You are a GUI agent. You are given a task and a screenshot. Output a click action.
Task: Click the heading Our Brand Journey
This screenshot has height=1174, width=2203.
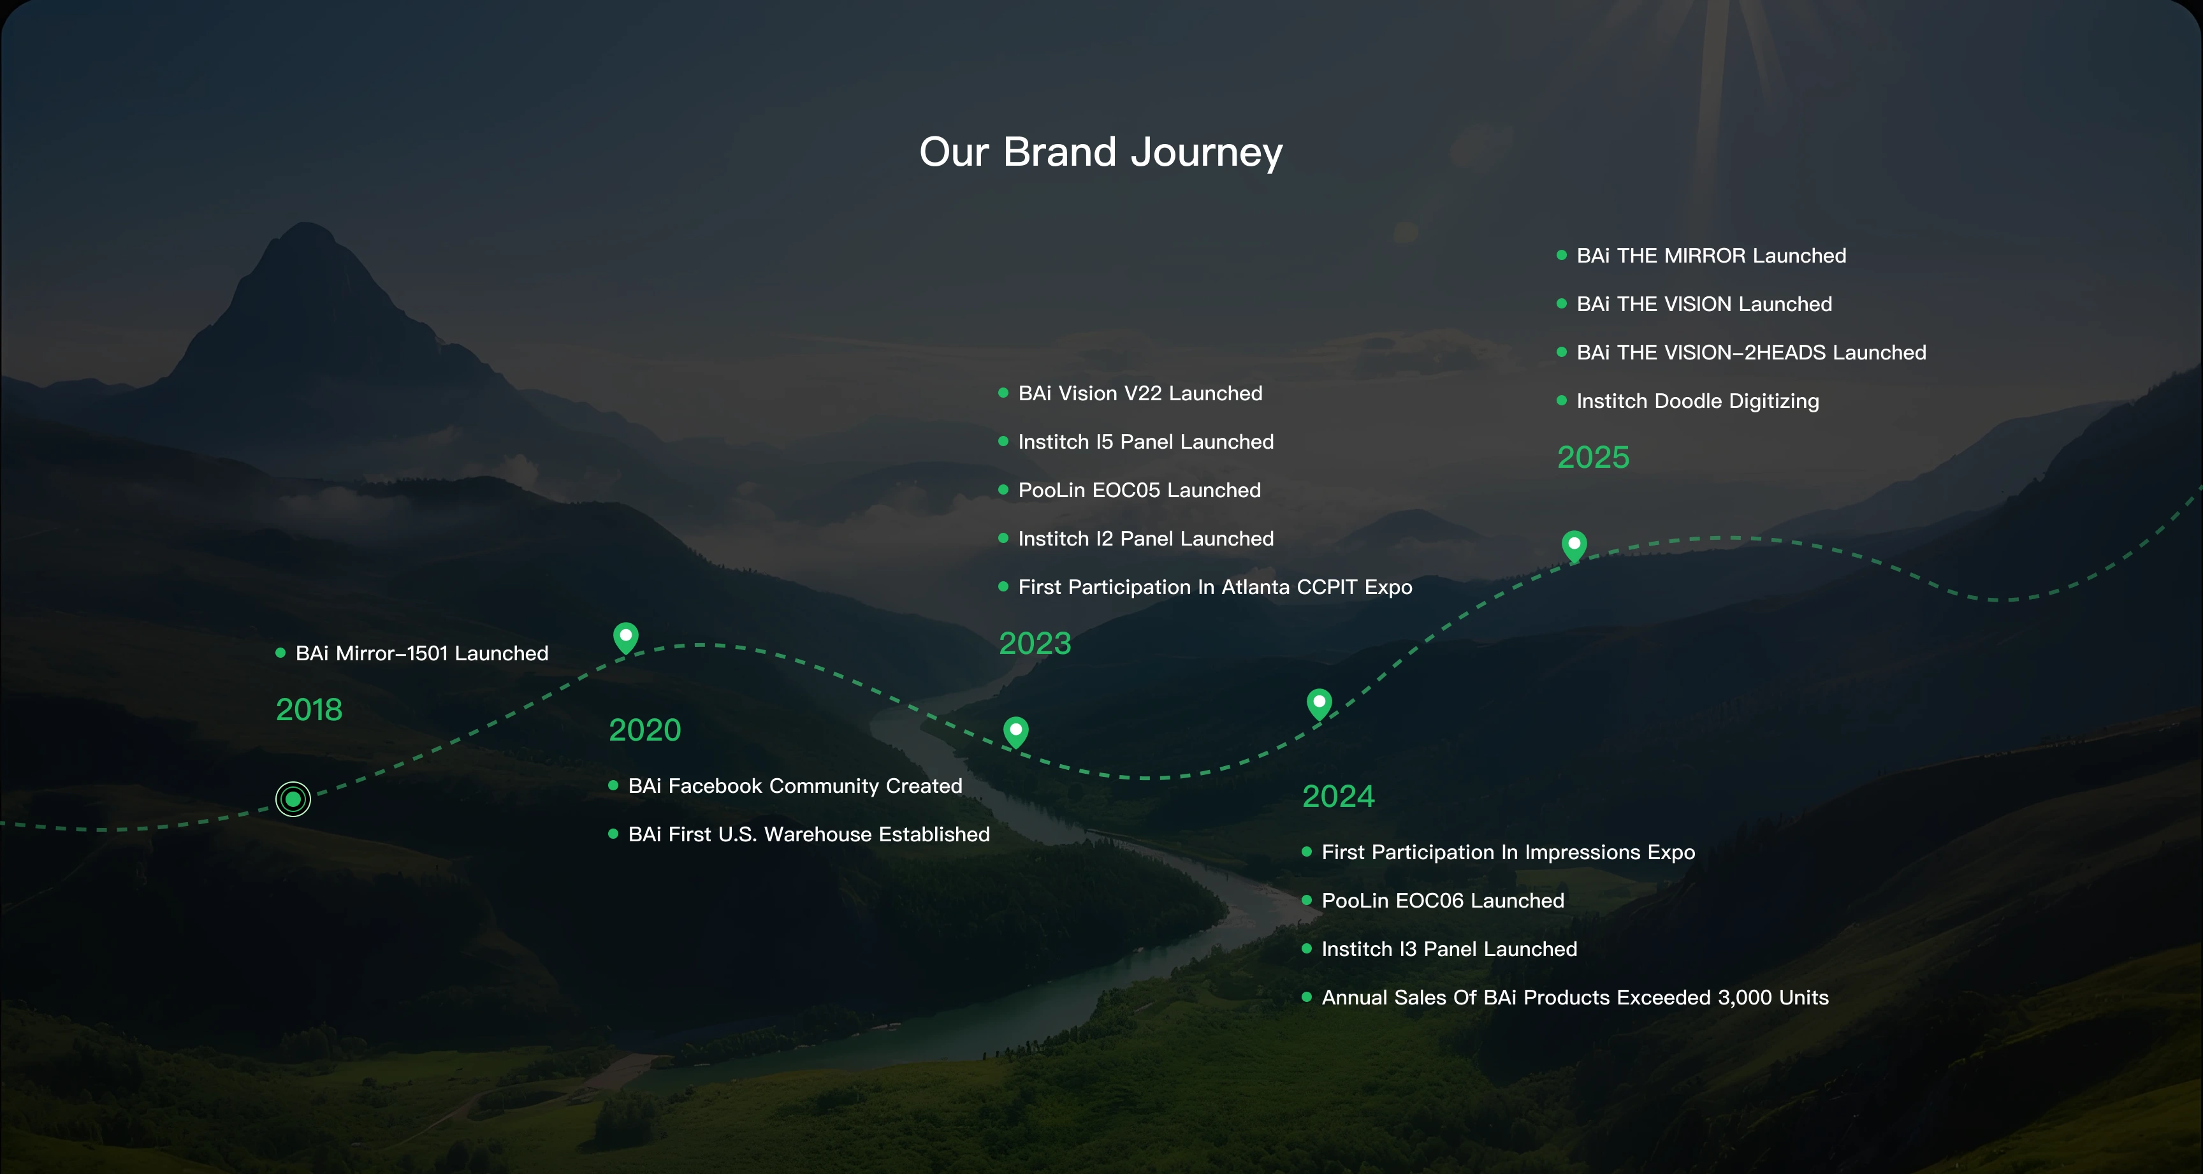[x=1101, y=152]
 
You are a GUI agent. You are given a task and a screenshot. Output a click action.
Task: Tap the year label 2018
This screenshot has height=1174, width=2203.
[x=309, y=710]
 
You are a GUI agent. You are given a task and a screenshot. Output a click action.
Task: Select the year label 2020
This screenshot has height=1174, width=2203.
[x=645, y=730]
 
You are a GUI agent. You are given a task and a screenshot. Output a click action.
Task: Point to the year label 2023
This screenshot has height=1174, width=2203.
[x=1035, y=643]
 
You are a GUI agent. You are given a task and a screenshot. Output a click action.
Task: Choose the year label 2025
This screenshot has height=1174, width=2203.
[x=1593, y=458]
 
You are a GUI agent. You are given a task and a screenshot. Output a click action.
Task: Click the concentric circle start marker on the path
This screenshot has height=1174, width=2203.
[x=293, y=799]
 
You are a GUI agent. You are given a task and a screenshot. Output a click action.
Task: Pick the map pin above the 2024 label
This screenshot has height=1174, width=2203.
[x=1320, y=704]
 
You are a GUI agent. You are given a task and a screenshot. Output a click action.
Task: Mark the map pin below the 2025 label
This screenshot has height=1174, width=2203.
[x=1574, y=546]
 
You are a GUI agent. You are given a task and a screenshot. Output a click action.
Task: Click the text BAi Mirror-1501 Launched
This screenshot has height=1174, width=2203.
[x=421, y=653]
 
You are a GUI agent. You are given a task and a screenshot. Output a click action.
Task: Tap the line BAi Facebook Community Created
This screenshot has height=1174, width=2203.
[x=796, y=786]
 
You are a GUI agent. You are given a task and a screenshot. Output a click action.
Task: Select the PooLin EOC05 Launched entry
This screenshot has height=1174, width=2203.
[x=1139, y=490]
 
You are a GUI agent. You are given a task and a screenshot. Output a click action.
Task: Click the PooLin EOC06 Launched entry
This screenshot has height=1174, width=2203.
[x=1443, y=901]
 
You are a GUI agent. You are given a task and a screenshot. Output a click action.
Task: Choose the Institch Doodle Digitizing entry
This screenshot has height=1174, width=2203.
[x=1698, y=401]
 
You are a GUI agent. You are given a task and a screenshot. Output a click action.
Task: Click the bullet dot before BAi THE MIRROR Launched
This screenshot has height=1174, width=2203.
[x=1562, y=255]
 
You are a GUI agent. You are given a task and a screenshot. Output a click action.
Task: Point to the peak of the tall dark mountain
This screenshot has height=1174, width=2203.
[x=305, y=224]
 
